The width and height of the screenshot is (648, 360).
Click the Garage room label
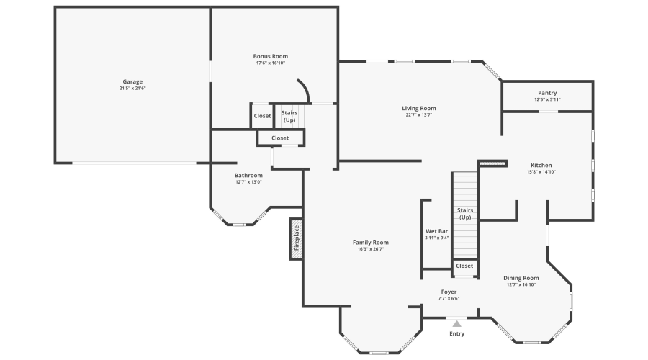point(132,81)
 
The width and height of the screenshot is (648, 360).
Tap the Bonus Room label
point(271,56)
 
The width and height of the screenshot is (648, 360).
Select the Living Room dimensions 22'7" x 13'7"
point(419,115)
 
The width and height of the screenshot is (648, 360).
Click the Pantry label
point(547,93)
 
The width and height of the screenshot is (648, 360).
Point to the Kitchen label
point(541,164)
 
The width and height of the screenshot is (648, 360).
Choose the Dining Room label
point(521,278)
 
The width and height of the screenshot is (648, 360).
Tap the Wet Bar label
point(437,231)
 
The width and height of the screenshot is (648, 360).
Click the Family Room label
point(371,243)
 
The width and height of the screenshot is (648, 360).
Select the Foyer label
point(449,292)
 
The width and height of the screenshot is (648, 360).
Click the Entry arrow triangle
point(456,324)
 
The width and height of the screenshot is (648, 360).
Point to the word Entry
point(457,334)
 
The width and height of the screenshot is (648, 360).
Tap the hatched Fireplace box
point(295,238)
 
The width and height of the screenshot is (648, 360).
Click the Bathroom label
point(248,175)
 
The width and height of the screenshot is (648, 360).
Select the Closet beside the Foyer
point(464,266)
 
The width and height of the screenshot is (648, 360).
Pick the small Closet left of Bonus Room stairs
point(262,115)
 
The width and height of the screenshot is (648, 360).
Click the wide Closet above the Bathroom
point(280,138)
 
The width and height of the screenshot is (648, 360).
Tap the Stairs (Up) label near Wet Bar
point(465,214)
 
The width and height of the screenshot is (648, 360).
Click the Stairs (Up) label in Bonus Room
point(289,116)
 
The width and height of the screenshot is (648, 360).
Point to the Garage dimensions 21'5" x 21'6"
point(132,89)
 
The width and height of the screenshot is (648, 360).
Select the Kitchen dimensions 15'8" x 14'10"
point(541,171)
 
